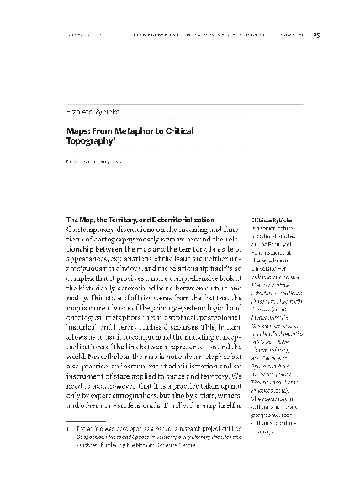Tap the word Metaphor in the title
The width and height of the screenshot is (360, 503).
[x=134, y=131]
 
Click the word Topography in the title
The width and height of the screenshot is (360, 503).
[x=92, y=144]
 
